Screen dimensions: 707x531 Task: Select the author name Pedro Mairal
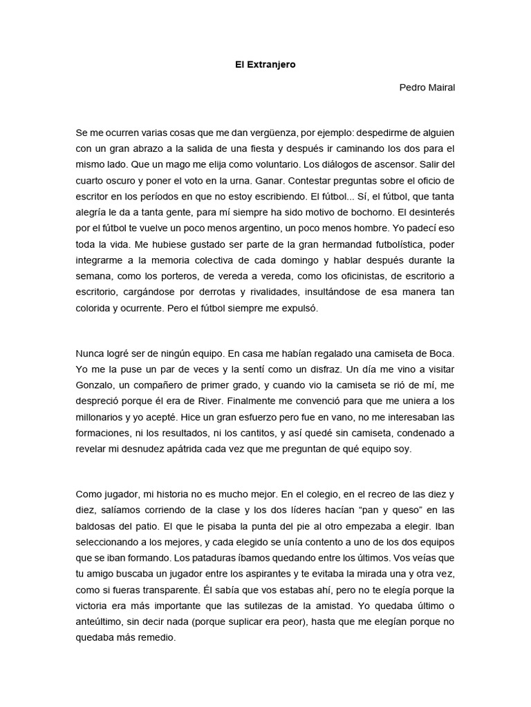coord(427,87)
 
